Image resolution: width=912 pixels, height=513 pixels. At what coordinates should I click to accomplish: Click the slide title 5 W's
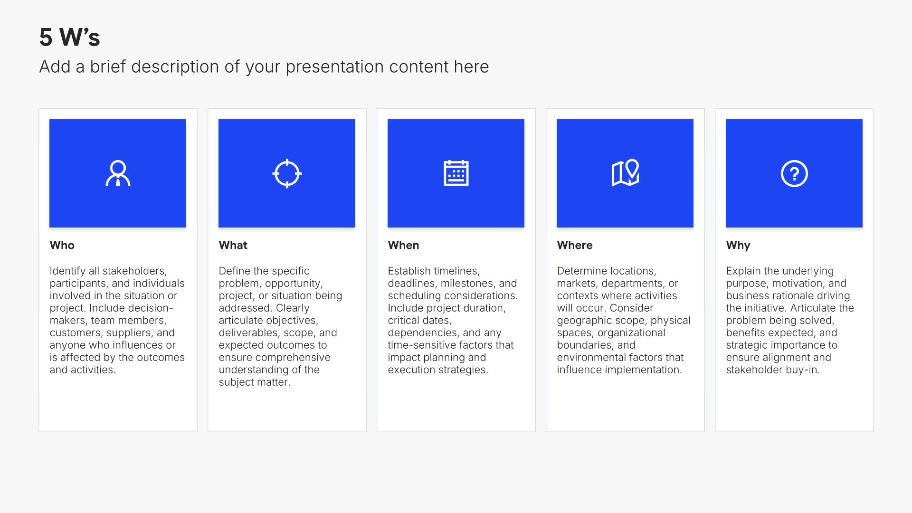[70, 37]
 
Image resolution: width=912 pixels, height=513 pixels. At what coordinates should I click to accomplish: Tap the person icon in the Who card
[118, 173]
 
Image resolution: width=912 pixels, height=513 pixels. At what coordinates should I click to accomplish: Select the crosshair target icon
[287, 173]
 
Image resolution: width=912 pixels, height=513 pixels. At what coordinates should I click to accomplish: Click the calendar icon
[456, 173]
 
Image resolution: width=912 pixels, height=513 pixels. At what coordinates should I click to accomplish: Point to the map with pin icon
[625, 173]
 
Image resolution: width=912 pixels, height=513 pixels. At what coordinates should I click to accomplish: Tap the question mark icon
[794, 174]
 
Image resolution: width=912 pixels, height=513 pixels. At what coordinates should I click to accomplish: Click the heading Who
[62, 245]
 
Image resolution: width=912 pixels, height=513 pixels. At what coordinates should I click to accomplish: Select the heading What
[233, 245]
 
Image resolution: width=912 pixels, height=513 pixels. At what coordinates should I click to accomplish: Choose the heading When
[404, 245]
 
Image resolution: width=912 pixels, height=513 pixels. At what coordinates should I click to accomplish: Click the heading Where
[575, 245]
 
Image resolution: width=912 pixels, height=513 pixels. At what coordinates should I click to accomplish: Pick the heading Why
[738, 246]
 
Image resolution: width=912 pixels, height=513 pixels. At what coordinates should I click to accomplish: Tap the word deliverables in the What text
[249, 333]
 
